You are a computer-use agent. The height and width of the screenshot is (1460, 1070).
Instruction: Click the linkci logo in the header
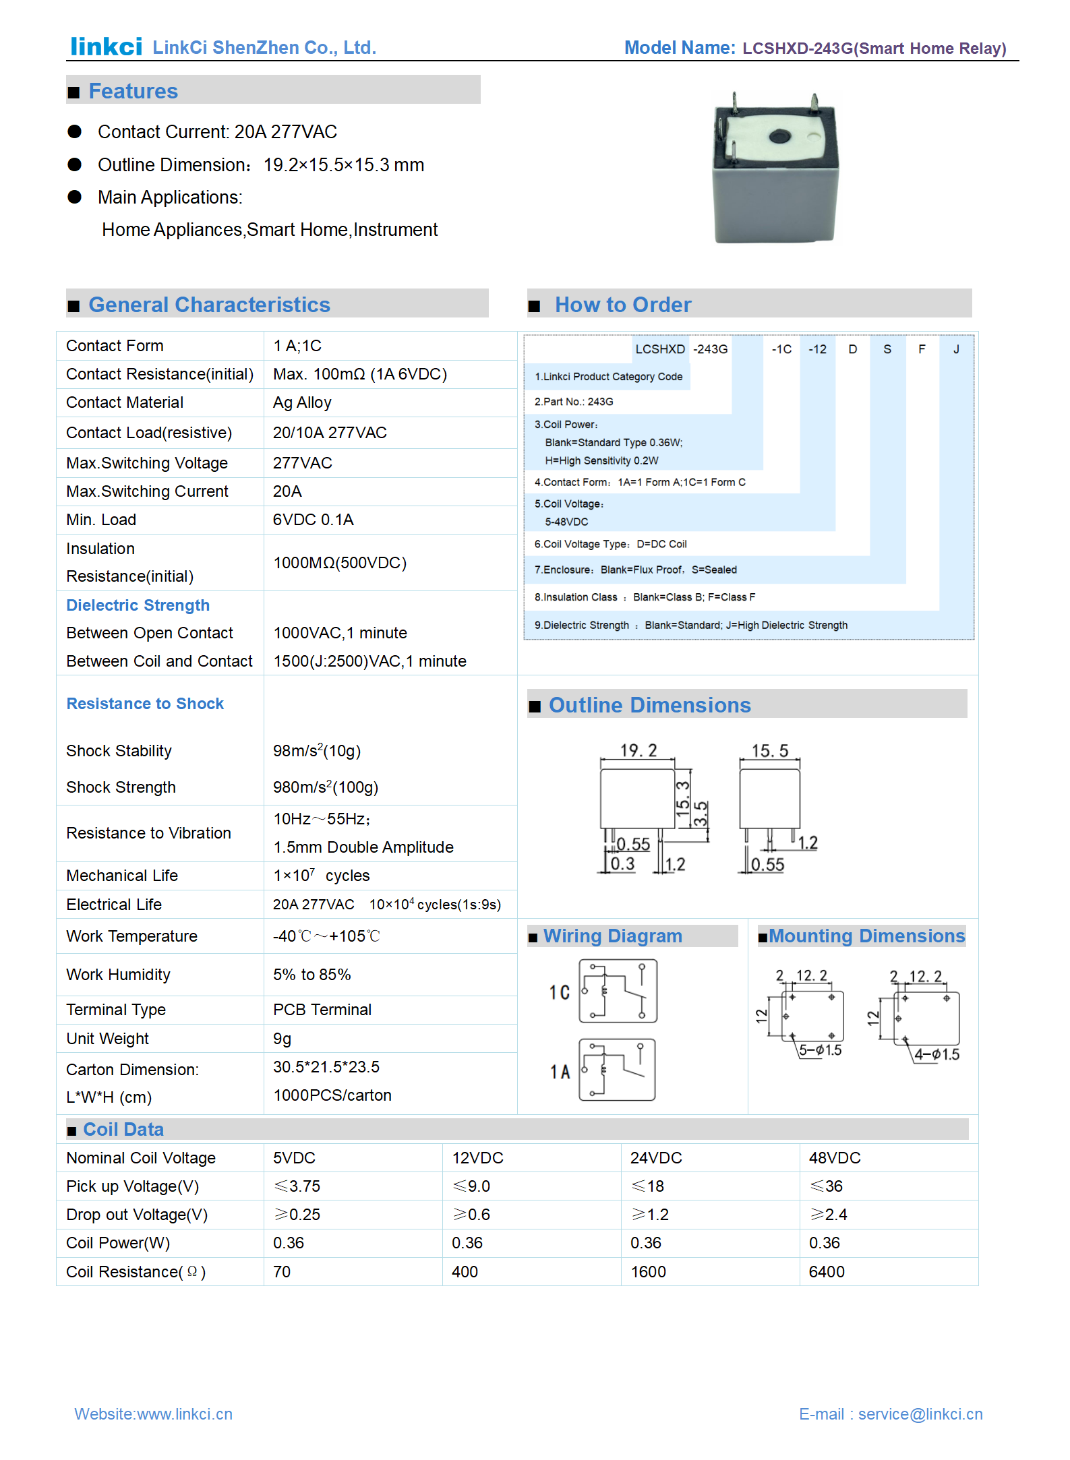(107, 47)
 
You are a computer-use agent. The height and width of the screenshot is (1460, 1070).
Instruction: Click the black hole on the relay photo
(779, 136)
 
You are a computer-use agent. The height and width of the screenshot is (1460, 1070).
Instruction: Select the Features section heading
(133, 91)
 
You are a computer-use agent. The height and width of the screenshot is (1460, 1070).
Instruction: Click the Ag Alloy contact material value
(302, 402)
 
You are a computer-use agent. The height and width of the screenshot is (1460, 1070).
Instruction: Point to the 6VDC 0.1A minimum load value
(313, 520)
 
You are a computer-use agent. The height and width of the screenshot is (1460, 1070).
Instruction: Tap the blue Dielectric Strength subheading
(138, 605)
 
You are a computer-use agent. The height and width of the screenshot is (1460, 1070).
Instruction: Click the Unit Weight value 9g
(282, 1039)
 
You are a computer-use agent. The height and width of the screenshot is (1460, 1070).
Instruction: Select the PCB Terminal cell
(322, 1010)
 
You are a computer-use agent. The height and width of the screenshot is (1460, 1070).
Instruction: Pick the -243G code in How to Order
(711, 349)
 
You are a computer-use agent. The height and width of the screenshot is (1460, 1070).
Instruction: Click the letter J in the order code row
(956, 349)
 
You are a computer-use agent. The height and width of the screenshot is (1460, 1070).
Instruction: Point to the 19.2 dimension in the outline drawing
(638, 751)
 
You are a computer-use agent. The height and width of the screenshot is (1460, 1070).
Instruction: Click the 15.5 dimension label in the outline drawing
(770, 751)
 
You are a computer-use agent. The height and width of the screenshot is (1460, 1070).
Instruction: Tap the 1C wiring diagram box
(618, 992)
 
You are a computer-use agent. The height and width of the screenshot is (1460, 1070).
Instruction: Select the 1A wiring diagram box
(617, 1070)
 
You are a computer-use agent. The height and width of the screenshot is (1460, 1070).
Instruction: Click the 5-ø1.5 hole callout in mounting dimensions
(820, 1050)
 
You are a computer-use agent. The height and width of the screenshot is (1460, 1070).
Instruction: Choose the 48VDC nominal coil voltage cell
(835, 1158)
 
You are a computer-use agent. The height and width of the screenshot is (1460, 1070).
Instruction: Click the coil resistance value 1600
(648, 1272)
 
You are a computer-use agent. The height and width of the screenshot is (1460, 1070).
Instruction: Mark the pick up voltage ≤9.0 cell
(471, 1186)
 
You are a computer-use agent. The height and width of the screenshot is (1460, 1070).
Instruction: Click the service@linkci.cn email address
(920, 1414)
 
